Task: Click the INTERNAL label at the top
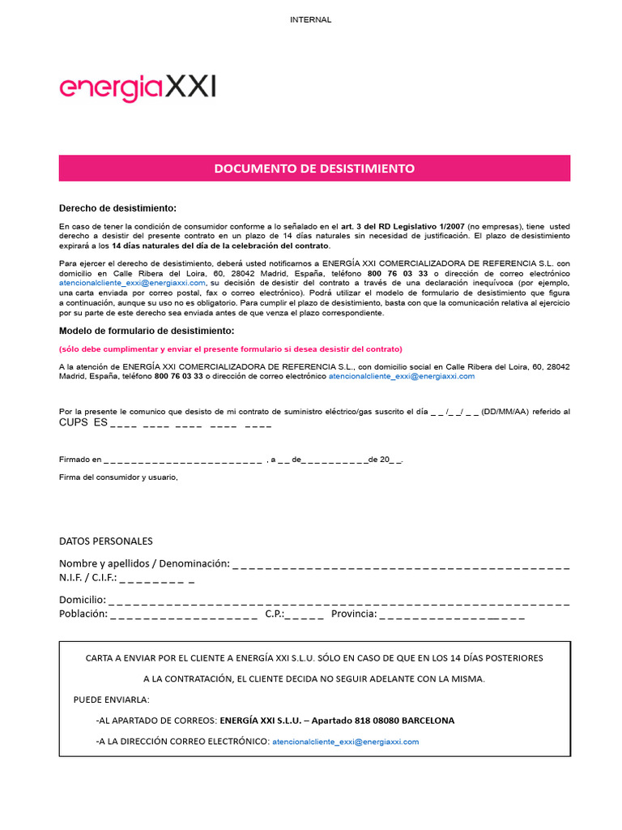click(310, 19)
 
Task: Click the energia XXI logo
click(138, 88)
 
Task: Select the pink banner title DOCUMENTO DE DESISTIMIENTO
click(314, 169)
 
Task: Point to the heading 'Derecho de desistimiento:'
click(117, 208)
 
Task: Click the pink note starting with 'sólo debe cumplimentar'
click(230, 349)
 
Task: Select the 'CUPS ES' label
click(83, 423)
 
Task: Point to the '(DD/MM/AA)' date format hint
click(505, 412)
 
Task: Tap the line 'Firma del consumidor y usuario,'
click(118, 477)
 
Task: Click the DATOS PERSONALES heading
click(105, 541)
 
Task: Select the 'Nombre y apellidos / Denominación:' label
click(144, 563)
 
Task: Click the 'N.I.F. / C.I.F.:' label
click(87, 578)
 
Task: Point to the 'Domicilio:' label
click(82, 600)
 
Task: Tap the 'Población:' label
click(83, 614)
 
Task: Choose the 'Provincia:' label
click(351, 614)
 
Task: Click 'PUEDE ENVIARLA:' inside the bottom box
click(111, 700)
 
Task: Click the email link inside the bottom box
click(346, 741)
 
